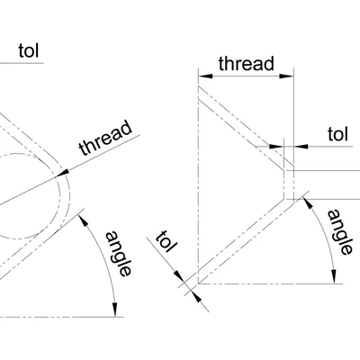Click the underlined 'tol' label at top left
(30, 50)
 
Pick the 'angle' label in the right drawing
(339, 233)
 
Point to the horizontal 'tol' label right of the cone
(337, 134)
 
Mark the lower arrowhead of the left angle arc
(117, 311)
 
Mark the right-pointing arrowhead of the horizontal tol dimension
(278, 145)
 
